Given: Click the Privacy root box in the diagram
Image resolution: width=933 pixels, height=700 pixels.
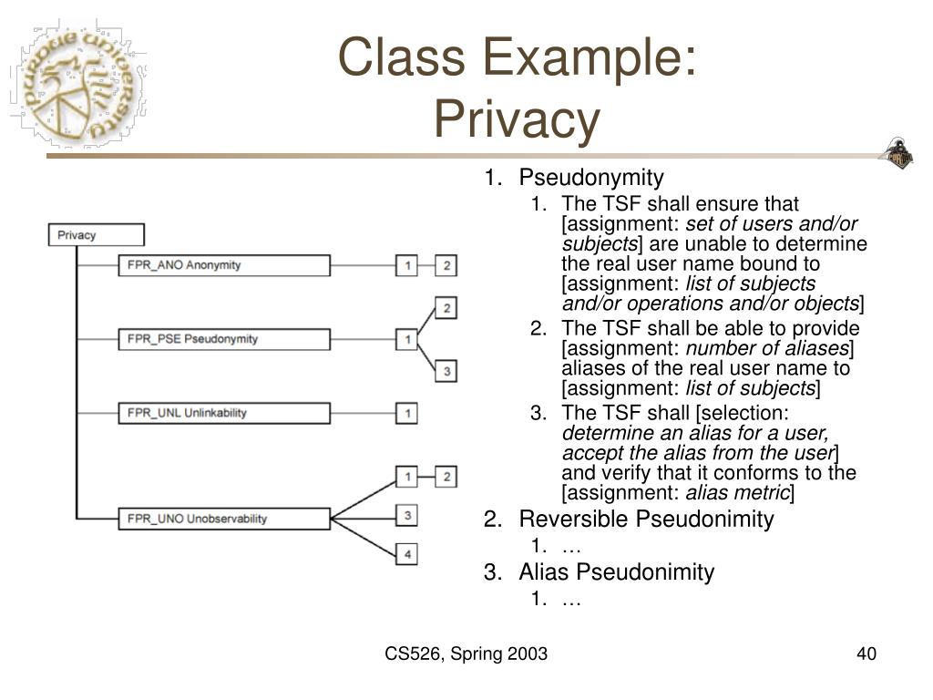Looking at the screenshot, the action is pyautogui.click(x=96, y=235).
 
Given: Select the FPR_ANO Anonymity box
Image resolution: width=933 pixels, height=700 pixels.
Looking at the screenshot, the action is pyautogui.click(x=224, y=265).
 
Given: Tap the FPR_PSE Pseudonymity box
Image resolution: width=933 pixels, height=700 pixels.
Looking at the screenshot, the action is pyautogui.click(x=224, y=339).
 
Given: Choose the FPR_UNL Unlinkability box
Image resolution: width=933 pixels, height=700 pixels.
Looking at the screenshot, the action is pyautogui.click(x=224, y=413).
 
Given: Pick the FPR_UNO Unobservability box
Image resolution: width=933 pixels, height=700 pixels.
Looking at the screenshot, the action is pyautogui.click(x=224, y=519).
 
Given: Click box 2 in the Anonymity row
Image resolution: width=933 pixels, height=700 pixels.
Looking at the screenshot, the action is pyautogui.click(x=446, y=265).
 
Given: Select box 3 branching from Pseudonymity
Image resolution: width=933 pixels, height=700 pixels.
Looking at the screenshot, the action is pyautogui.click(x=446, y=371).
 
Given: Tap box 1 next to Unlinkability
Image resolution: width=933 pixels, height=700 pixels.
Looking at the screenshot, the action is pyautogui.click(x=407, y=413).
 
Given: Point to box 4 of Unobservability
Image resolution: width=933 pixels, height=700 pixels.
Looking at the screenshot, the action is pyautogui.click(x=407, y=553).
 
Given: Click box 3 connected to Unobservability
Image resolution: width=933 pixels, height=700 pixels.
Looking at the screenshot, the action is pyautogui.click(x=407, y=516).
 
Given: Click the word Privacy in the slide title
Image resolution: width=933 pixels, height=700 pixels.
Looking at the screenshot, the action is pyautogui.click(x=517, y=119).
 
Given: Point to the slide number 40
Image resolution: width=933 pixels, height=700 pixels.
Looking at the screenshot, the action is pyautogui.click(x=866, y=654).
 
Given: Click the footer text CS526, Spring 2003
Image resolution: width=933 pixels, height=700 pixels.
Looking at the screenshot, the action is pyautogui.click(x=466, y=654).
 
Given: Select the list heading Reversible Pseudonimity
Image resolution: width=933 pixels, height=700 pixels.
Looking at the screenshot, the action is pyautogui.click(x=645, y=520).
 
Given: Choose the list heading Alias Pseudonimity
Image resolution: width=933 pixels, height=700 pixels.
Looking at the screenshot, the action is pyautogui.click(x=616, y=572).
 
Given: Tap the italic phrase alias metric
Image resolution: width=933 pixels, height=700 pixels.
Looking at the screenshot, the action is pyautogui.click(x=737, y=493).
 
